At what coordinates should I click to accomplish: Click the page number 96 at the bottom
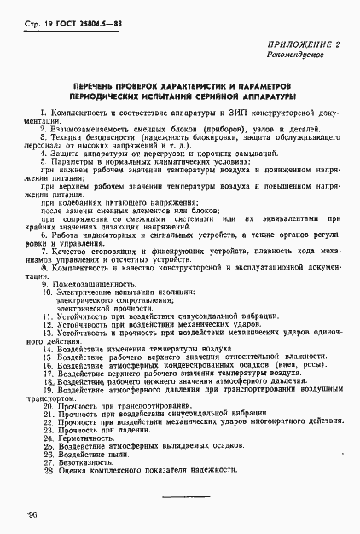32,514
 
